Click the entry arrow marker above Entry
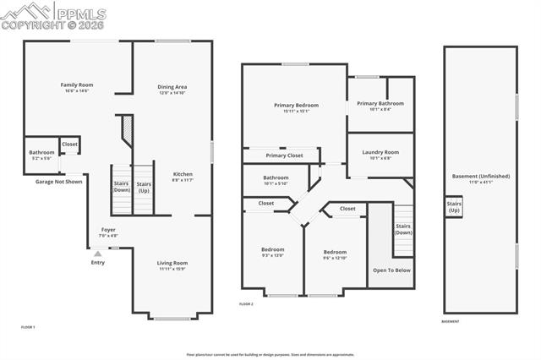98,253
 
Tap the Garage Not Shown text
58,182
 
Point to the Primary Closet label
283,155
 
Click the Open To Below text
391,270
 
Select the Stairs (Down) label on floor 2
403,229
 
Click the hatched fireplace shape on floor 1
126,132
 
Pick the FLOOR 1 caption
29,326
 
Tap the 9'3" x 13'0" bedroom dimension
272,255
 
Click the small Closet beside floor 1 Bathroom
69,145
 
